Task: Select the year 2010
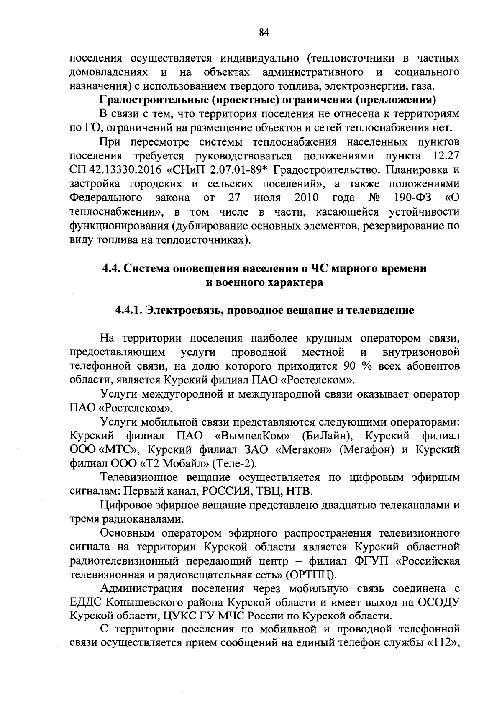coord(306,198)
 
